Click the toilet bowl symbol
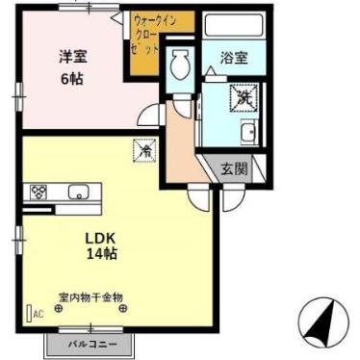[x=179, y=66]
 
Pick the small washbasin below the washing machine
[x=248, y=134]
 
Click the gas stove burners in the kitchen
[x=39, y=191]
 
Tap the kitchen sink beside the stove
[x=77, y=191]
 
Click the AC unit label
[x=38, y=314]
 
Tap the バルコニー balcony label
[x=91, y=344]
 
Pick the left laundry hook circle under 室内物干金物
[x=58, y=308]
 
